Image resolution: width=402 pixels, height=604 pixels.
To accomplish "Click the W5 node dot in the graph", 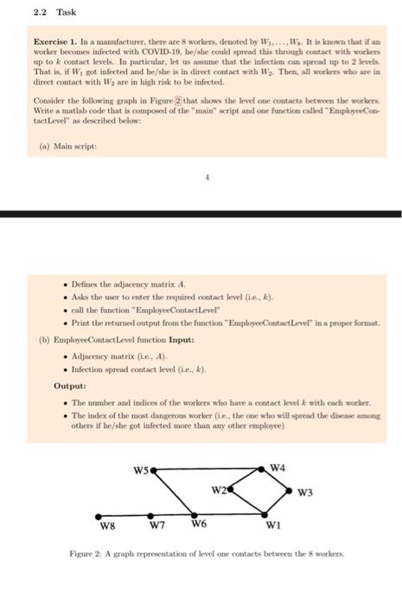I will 154,472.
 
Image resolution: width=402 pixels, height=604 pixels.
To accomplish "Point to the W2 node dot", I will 233,491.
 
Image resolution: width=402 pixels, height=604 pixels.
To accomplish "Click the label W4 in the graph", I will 278,467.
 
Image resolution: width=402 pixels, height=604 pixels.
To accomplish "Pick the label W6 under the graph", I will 200,525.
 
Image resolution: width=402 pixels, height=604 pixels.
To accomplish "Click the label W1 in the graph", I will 272,525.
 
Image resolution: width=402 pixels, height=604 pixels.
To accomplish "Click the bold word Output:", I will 69,387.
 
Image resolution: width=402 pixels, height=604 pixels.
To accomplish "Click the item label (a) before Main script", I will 41,147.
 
